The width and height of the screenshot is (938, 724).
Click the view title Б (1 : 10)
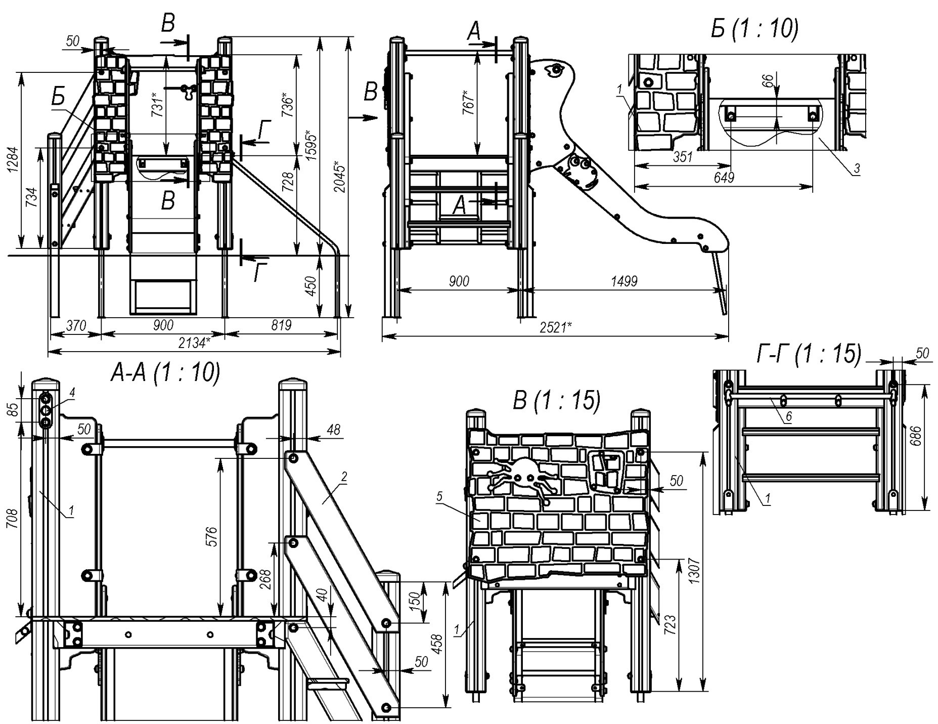pyautogui.click(x=754, y=29)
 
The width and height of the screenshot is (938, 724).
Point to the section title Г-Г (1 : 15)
pyautogui.click(x=809, y=354)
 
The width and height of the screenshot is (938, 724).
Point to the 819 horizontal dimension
pyautogui.click(x=281, y=325)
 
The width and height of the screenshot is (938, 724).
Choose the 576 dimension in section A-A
pyautogui.click(x=212, y=536)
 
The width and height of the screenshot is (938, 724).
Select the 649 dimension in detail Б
pyautogui.click(x=723, y=178)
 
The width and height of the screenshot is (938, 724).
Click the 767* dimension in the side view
pyautogui.click(x=468, y=103)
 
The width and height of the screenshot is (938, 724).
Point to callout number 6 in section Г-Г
pyautogui.click(x=789, y=417)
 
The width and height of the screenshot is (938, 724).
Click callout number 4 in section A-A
pyautogui.click(x=72, y=392)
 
